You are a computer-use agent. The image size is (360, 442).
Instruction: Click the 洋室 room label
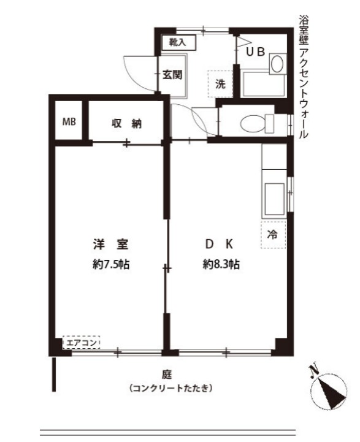[110, 245]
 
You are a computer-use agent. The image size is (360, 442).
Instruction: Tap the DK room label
[219, 245]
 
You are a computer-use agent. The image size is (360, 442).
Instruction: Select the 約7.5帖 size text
[110, 265]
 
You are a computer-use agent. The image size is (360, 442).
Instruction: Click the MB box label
[69, 121]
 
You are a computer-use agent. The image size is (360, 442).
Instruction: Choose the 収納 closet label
[126, 123]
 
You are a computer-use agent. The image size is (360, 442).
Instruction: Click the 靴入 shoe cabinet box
[178, 43]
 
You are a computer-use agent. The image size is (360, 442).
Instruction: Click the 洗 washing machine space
[220, 85]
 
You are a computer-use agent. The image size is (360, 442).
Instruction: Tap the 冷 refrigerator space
[273, 234]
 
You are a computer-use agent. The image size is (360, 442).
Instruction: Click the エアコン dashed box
[82, 343]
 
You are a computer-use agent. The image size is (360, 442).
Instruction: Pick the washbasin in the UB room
[277, 63]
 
